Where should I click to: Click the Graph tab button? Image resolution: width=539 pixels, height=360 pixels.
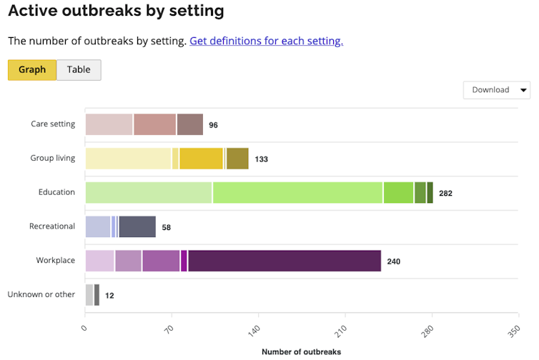(x=32, y=70)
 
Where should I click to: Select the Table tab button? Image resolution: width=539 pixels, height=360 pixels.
(x=79, y=70)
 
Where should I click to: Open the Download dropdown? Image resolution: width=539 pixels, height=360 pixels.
(x=497, y=90)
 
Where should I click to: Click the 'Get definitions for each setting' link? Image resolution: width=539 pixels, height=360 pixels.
(x=266, y=41)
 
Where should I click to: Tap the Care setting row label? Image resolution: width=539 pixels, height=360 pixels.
(x=53, y=124)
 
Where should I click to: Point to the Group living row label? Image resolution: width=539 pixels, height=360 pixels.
(x=52, y=159)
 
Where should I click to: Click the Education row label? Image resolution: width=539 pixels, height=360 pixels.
(x=56, y=193)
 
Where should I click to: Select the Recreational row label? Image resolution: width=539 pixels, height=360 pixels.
(x=51, y=226)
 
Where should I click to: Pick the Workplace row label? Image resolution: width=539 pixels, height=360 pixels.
(x=55, y=261)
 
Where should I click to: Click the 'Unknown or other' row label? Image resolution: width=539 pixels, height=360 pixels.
(x=41, y=295)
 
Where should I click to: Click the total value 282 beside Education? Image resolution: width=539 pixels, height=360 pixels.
(x=445, y=194)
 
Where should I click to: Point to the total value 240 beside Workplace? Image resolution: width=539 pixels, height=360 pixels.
(x=393, y=261)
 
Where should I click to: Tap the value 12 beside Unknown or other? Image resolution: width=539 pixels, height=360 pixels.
(x=109, y=296)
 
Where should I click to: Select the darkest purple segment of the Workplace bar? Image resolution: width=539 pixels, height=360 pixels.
(x=285, y=261)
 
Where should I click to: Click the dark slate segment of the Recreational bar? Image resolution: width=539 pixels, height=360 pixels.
(x=137, y=226)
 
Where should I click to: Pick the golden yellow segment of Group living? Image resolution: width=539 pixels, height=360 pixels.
(x=201, y=159)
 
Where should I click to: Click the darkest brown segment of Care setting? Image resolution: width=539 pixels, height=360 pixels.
(x=190, y=124)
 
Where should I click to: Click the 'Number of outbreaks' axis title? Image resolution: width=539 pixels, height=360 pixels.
(x=301, y=352)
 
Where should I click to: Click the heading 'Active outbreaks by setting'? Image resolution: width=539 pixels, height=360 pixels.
(x=116, y=11)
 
